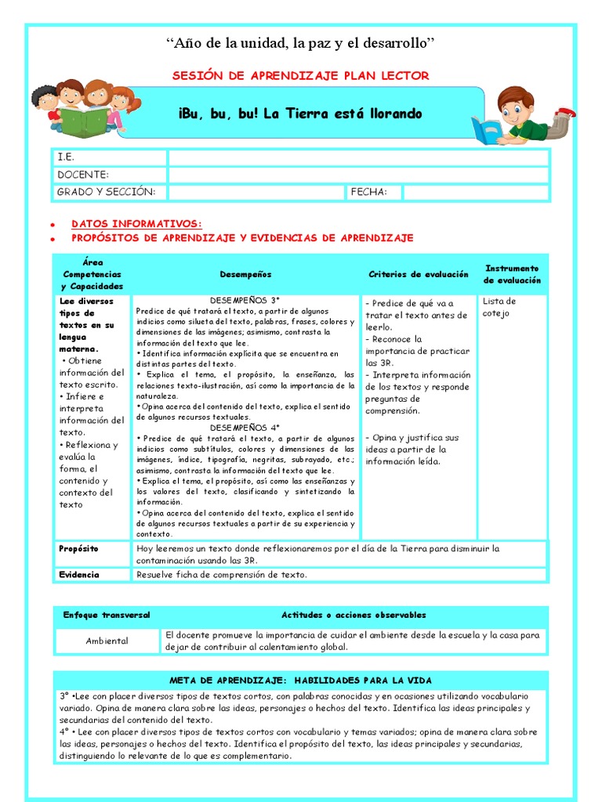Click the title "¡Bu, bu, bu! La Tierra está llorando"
click(x=300, y=114)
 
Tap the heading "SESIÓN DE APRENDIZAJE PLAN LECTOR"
click(x=300, y=75)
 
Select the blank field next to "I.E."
click(x=358, y=157)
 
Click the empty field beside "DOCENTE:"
click(x=358, y=175)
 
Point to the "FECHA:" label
click(x=369, y=192)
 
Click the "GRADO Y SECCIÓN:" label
click(x=107, y=192)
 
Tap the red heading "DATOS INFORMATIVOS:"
click(x=136, y=223)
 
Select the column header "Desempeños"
click(x=245, y=275)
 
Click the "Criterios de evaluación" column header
click(x=419, y=275)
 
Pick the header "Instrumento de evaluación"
click(x=512, y=274)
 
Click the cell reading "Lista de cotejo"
click(x=499, y=307)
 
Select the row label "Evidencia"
click(x=79, y=575)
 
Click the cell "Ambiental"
click(x=107, y=641)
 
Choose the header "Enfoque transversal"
click(x=107, y=616)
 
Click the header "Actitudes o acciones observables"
click(x=354, y=616)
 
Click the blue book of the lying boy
click(x=485, y=129)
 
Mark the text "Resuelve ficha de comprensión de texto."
click(x=222, y=575)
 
